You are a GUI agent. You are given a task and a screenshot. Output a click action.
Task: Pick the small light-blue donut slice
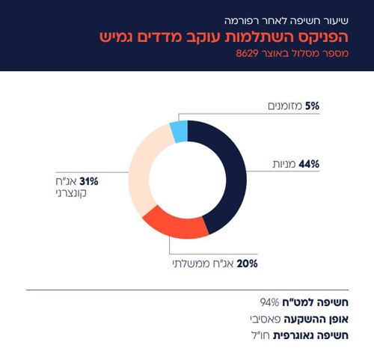pos(179,132)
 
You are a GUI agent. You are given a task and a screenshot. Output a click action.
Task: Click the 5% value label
pos(312,106)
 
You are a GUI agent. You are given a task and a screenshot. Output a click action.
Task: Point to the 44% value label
pos(309,165)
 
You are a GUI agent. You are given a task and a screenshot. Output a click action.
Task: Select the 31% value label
pos(89,181)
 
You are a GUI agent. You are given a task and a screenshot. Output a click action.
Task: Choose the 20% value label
pos(248,264)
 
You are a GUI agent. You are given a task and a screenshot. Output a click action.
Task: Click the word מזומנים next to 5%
pos(285,106)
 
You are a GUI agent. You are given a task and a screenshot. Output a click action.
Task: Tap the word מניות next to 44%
pos(283,165)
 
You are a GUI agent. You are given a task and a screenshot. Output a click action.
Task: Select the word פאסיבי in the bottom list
pos(268,319)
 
